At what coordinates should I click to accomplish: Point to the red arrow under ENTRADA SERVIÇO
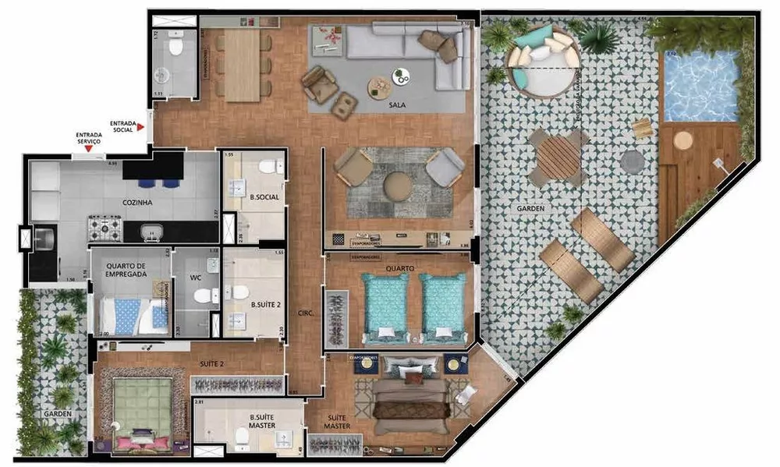coord(88,148)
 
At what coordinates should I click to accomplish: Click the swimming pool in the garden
coord(700,86)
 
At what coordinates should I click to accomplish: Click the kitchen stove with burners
coord(105,228)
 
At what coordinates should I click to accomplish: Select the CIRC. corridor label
coord(305,313)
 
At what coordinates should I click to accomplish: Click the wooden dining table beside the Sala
coord(242,64)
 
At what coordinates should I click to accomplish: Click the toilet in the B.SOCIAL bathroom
coord(268,165)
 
